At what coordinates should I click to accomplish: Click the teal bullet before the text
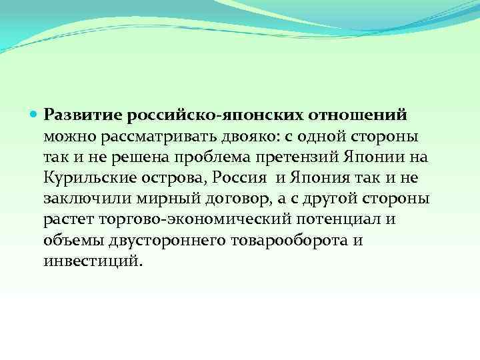tap(35, 114)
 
